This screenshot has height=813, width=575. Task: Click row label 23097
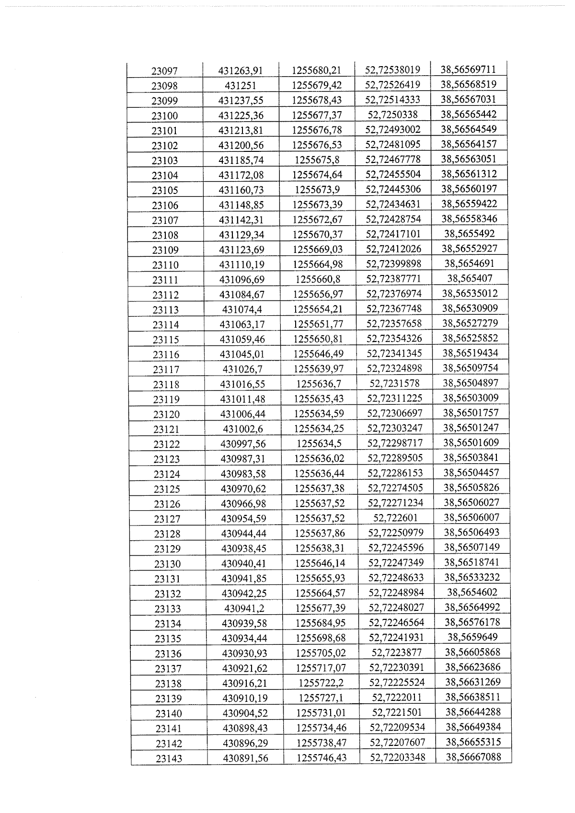[x=164, y=71]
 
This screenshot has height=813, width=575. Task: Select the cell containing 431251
[x=241, y=86]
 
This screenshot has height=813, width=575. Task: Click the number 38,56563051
[x=469, y=159]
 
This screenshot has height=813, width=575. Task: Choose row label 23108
[x=165, y=235]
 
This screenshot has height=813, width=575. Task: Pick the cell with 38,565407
[x=470, y=278]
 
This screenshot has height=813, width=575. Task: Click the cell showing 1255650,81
[x=318, y=339]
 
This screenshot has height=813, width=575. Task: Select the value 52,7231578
[x=394, y=383]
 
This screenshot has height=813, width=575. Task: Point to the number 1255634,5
[x=319, y=443]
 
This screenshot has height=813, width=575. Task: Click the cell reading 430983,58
[x=243, y=474]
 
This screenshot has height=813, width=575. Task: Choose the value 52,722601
[x=395, y=517]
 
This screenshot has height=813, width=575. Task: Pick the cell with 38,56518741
[x=472, y=562]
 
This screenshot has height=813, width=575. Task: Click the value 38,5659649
[x=472, y=637]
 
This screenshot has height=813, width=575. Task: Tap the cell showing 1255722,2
[x=321, y=683]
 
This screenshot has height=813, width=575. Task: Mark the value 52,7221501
[x=397, y=712]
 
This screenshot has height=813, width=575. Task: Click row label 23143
[x=169, y=758]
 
